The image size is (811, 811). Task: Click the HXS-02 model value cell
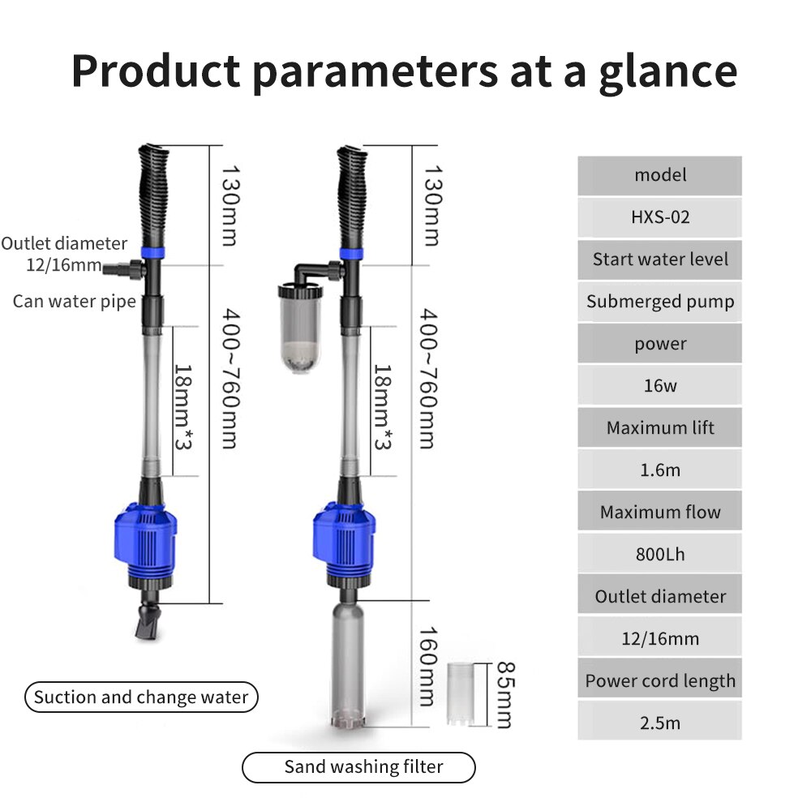[x=659, y=217]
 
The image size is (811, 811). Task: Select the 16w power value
[x=659, y=386]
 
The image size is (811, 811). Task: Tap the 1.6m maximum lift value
[x=659, y=470]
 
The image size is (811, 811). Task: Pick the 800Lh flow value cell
[x=659, y=555]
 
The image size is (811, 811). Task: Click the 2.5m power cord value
[x=659, y=723]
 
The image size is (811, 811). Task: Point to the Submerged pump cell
[x=659, y=302]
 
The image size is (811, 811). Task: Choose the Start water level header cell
[x=659, y=260]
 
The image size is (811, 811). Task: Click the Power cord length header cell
[x=659, y=681]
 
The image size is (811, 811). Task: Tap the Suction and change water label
[x=141, y=697]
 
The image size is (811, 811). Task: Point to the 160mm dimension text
[x=428, y=665]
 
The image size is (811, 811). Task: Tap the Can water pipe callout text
[x=74, y=302]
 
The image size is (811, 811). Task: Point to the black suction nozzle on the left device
[x=147, y=624]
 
